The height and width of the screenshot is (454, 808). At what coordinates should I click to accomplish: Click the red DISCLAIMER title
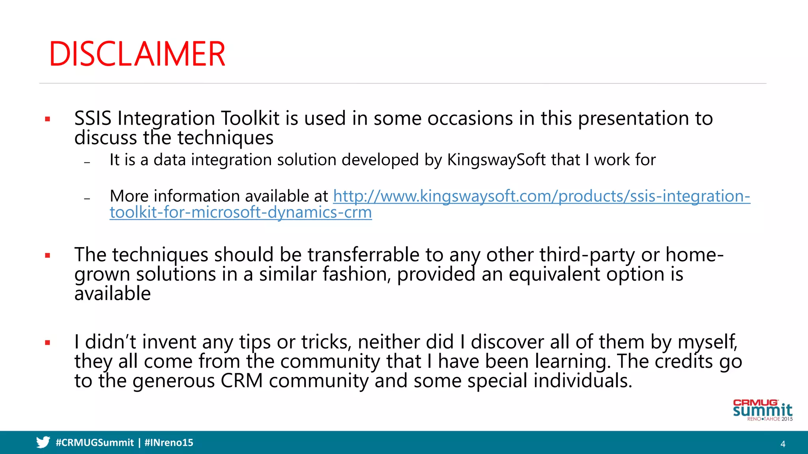click(137, 54)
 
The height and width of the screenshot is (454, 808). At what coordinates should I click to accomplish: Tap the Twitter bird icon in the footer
click(43, 442)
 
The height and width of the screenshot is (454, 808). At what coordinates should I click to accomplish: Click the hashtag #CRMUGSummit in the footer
click(95, 443)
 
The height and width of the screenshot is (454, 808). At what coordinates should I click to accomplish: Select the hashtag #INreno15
click(169, 443)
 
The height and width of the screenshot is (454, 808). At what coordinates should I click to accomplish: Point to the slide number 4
click(783, 444)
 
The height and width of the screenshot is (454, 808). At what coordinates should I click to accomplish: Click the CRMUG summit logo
click(762, 410)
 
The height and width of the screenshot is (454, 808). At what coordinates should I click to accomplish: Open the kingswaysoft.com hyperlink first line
click(541, 196)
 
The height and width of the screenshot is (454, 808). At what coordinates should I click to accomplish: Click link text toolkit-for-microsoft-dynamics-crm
click(241, 212)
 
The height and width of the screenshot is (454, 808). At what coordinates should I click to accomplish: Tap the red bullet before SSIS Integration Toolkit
click(48, 119)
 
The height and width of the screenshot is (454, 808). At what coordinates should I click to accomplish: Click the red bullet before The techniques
click(48, 255)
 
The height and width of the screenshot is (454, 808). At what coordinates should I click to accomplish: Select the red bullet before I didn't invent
click(48, 343)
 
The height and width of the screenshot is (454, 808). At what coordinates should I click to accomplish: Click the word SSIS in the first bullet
click(93, 119)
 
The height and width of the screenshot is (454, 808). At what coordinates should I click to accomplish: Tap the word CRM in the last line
click(241, 381)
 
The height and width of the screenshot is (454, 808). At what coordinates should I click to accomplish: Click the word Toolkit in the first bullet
click(250, 119)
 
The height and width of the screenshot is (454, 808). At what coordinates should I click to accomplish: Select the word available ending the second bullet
click(112, 294)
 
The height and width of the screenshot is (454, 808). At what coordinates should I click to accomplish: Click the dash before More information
click(87, 198)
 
